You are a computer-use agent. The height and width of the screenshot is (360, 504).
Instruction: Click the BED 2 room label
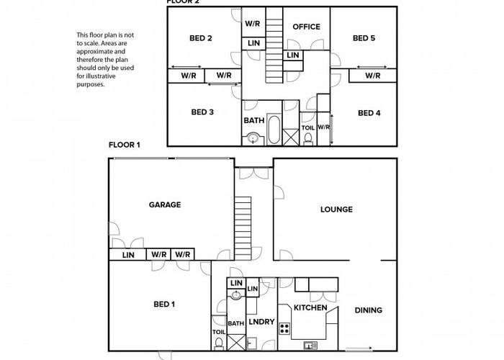[200, 38]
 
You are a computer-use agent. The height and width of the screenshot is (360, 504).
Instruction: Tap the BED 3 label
[202, 112]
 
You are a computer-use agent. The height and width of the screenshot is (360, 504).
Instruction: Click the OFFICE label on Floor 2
[306, 27]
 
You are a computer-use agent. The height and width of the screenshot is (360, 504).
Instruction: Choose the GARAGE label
[164, 204]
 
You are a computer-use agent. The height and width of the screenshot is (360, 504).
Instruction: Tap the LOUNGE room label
[336, 210]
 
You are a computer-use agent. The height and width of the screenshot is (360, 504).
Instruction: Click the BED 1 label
[163, 304]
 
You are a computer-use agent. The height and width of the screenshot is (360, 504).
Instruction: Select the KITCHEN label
[311, 308]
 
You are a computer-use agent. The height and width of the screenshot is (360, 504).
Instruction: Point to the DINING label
[368, 310]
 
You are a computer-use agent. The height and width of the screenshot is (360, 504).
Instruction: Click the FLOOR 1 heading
[124, 145]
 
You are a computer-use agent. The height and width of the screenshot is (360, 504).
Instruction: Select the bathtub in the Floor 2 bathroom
[274, 130]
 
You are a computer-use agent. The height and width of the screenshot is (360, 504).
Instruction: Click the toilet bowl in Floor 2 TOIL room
[307, 140]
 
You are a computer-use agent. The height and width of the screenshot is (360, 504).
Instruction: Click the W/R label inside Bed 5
[372, 76]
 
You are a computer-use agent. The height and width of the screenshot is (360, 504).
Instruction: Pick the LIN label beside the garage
[127, 255]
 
